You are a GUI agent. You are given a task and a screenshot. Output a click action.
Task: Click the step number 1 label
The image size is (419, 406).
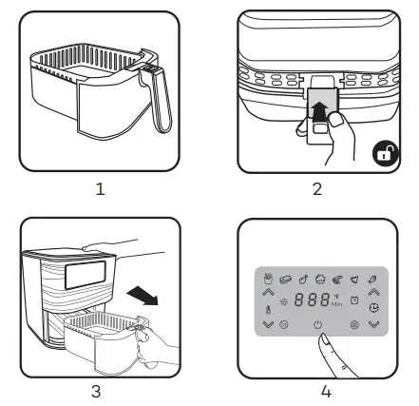click(100, 188)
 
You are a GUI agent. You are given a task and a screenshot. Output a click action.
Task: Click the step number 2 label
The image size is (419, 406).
click(317, 188)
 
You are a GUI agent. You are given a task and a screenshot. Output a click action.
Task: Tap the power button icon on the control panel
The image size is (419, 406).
click(316, 324)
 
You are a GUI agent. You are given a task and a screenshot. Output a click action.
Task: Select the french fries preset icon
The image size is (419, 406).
click(268, 280)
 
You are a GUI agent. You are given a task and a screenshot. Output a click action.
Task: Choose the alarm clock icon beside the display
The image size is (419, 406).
click(353, 300)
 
